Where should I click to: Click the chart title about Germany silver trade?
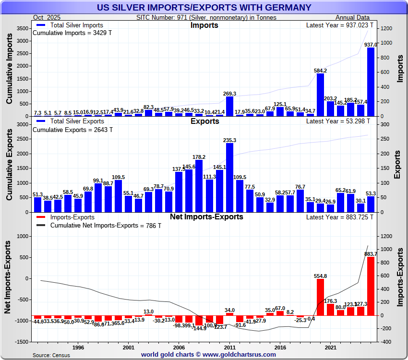pyautogui.click(x=204, y=8)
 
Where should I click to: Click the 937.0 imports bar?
pyautogui.click(x=371, y=82)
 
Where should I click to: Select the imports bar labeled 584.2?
pyautogui.click(x=320, y=95)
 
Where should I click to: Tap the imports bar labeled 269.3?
pyautogui.click(x=229, y=106)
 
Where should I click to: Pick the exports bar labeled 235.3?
pyautogui.click(x=229, y=178)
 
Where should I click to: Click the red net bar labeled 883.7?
pyautogui.click(x=371, y=286)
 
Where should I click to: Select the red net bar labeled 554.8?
pyautogui.click(x=320, y=297)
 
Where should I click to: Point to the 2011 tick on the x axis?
pyautogui.click(x=229, y=347)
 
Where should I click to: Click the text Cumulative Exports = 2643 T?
pyautogui.click(x=72, y=130)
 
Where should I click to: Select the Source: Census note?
pyautogui.click(x=51, y=355)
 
